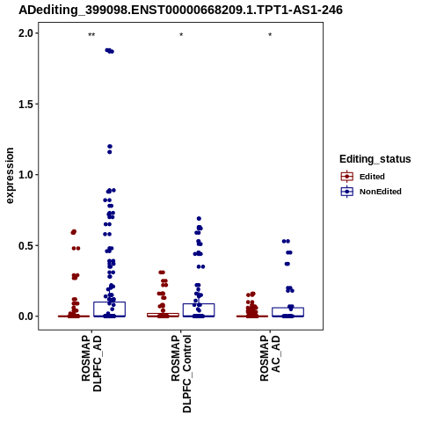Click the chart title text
180,10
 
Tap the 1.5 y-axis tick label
26,104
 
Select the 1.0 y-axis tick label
26,175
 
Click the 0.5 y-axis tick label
26,245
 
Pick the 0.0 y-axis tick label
26,316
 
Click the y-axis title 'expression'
10,176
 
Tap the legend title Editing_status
375,159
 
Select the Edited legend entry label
372,177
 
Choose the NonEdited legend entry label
381,192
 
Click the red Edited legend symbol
347,177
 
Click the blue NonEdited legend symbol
347,192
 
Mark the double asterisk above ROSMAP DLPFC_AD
91,35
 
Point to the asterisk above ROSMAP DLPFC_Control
181,35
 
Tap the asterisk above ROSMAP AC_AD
270,35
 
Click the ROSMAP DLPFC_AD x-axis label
91,364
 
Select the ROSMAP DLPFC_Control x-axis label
181,374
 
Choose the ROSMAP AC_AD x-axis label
270,358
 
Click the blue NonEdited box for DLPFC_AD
110,302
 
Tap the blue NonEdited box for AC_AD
287,308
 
